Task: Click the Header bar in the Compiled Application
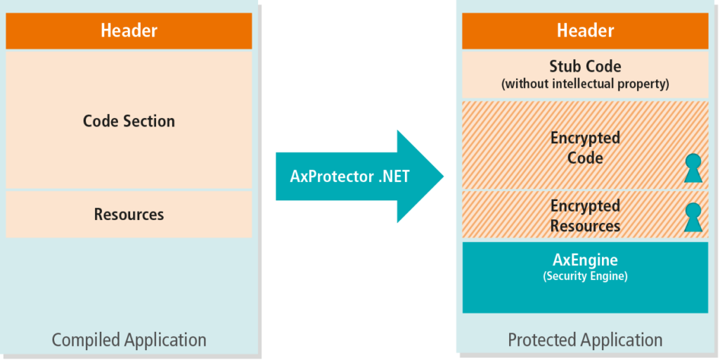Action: (129, 31)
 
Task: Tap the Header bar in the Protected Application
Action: (585, 31)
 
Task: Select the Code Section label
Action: (129, 121)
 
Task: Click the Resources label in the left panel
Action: (129, 214)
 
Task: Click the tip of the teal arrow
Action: (443, 176)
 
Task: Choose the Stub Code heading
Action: (585, 67)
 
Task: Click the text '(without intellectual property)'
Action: (585, 84)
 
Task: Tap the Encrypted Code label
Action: (585, 148)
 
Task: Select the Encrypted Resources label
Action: (585, 216)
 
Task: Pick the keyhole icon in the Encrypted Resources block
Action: (693, 217)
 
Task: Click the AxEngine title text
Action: (585, 261)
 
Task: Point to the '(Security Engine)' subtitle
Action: (585, 276)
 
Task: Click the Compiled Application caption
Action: (129, 341)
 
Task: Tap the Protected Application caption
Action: (585, 341)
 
